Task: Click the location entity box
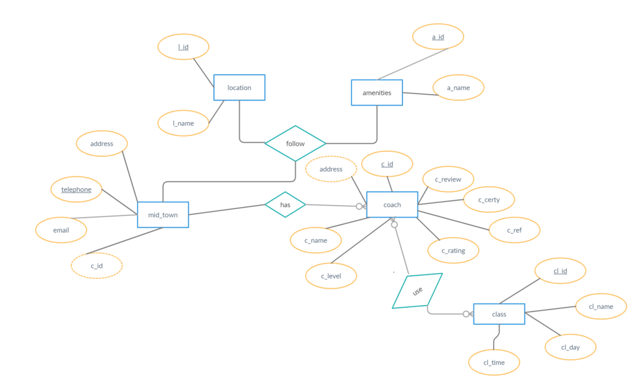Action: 239,88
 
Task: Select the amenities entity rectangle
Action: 376,93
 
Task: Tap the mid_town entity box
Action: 163,215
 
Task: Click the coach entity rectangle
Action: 392,205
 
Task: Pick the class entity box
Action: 499,314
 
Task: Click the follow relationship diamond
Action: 295,144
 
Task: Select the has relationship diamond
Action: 285,204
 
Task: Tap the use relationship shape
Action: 417,291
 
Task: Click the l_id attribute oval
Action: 184,47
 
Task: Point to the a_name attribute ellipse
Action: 459,88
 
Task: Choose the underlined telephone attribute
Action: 76,189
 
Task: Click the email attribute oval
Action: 61,230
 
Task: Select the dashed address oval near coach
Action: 331,169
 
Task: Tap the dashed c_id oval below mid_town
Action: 97,266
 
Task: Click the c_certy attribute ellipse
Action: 489,200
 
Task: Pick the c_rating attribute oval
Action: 453,251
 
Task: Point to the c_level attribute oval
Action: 331,276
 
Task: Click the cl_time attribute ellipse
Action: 494,362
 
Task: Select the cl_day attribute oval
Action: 570,347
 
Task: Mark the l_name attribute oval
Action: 184,123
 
